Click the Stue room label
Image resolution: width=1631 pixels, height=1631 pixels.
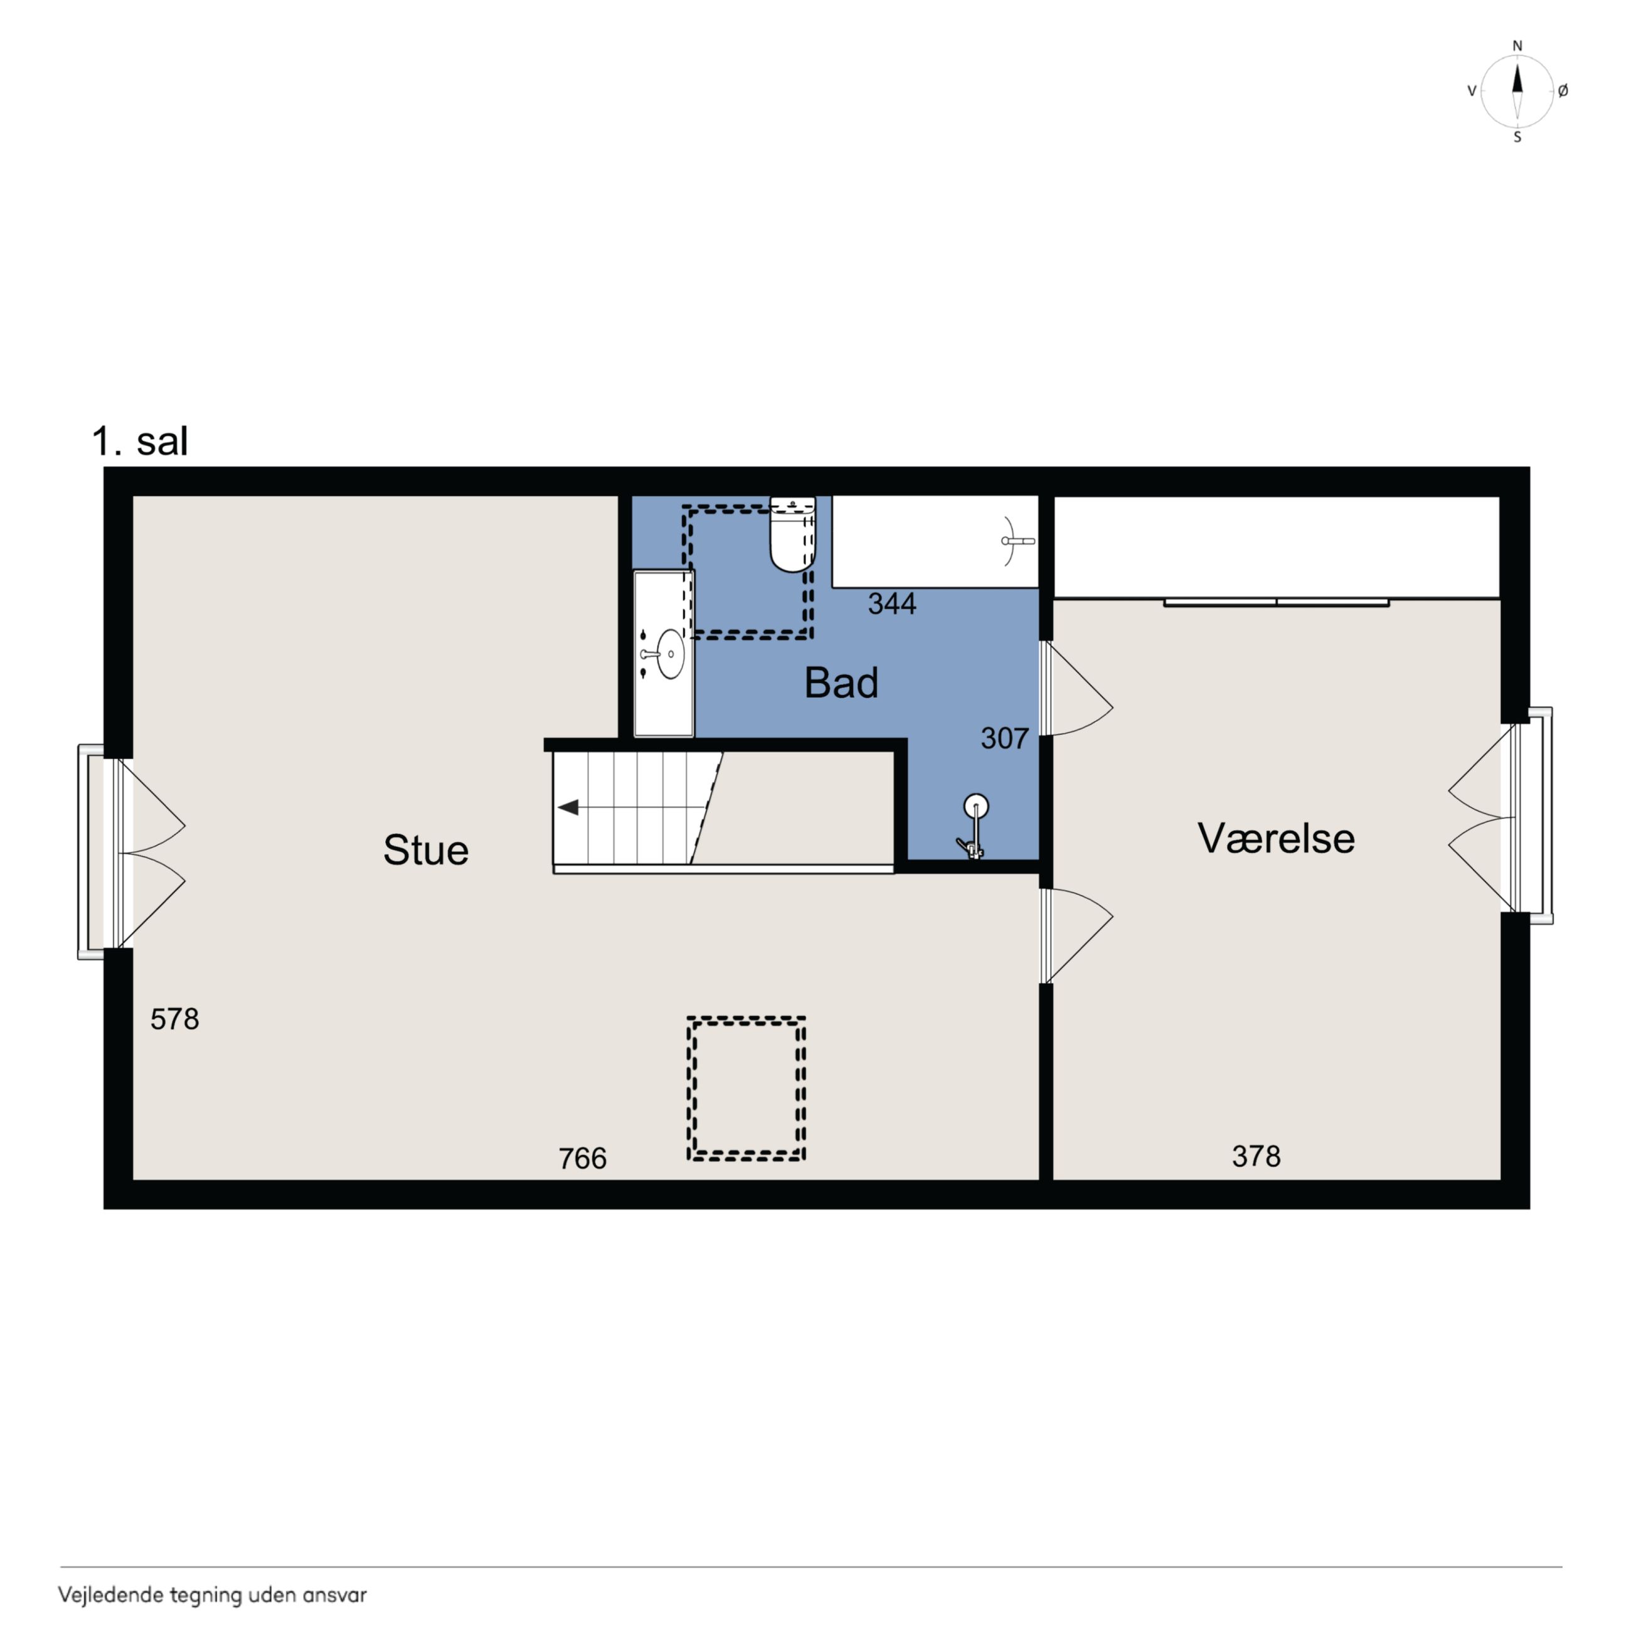[425, 850]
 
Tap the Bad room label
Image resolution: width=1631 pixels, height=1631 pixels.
[841, 683]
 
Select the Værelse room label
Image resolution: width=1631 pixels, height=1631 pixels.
[1275, 838]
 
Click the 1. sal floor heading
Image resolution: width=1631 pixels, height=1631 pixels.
[139, 440]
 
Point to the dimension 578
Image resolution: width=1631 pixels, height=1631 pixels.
[175, 1019]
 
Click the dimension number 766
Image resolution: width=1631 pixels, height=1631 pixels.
[583, 1158]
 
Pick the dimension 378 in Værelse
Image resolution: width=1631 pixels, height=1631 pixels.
[1256, 1156]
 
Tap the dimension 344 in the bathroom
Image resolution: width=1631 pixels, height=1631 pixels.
[892, 603]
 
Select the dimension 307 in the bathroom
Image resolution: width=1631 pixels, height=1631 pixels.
[1004, 739]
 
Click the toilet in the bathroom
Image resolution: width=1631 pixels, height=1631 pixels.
[793, 534]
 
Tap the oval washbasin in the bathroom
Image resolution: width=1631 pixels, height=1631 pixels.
[671, 654]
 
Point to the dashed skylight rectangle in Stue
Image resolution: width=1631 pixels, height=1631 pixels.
[746, 1017]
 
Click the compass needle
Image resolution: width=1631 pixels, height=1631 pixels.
[1517, 91]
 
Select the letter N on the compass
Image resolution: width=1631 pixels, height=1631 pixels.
[1517, 46]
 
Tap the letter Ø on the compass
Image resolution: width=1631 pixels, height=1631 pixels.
[1563, 91]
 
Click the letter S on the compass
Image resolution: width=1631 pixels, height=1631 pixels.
[1517, 137]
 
